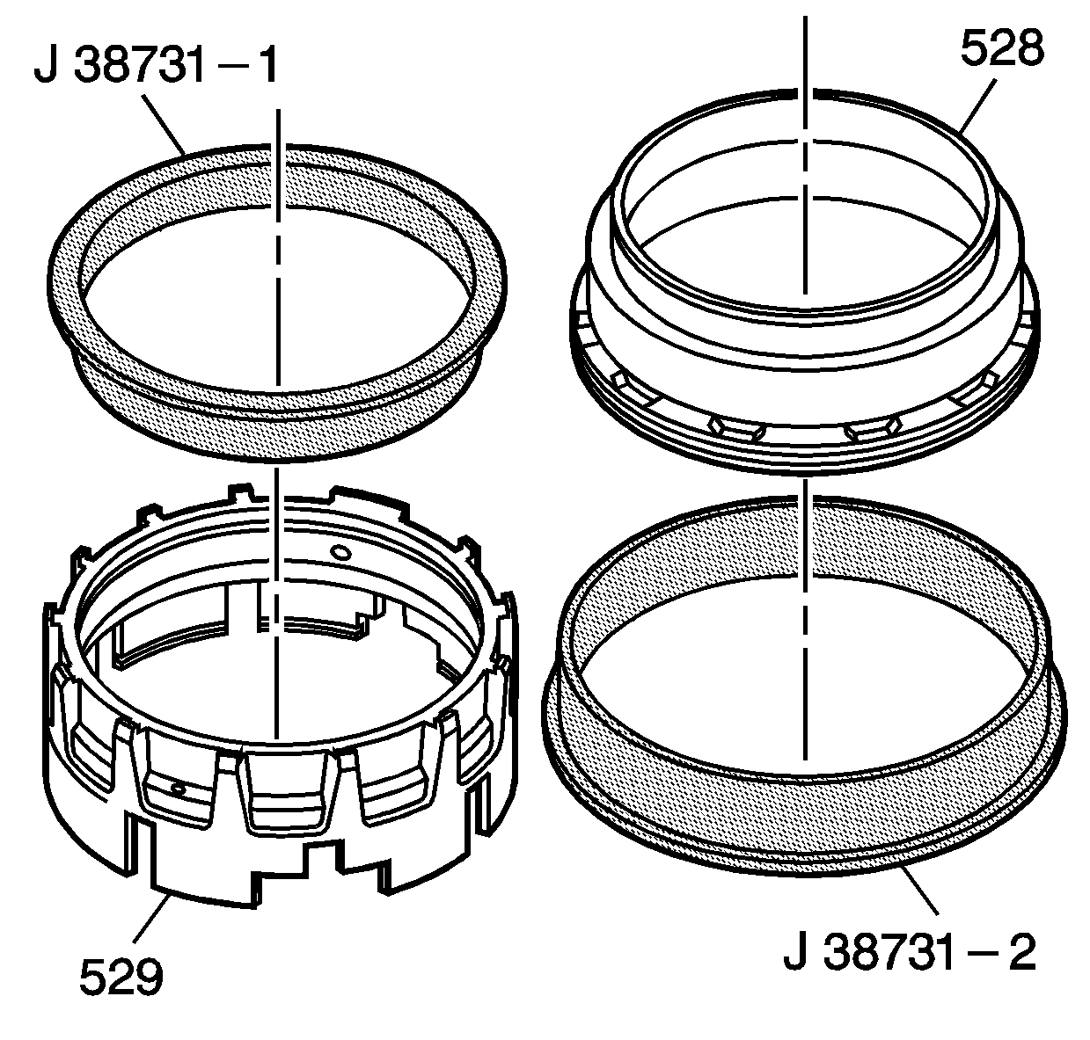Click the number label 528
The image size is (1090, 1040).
click(x=1001, y=50)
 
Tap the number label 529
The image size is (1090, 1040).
click(x=121, y=976)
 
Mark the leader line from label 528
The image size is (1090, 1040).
click(x=977, y=106)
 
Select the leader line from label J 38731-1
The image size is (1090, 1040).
click(x=164, y=122)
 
